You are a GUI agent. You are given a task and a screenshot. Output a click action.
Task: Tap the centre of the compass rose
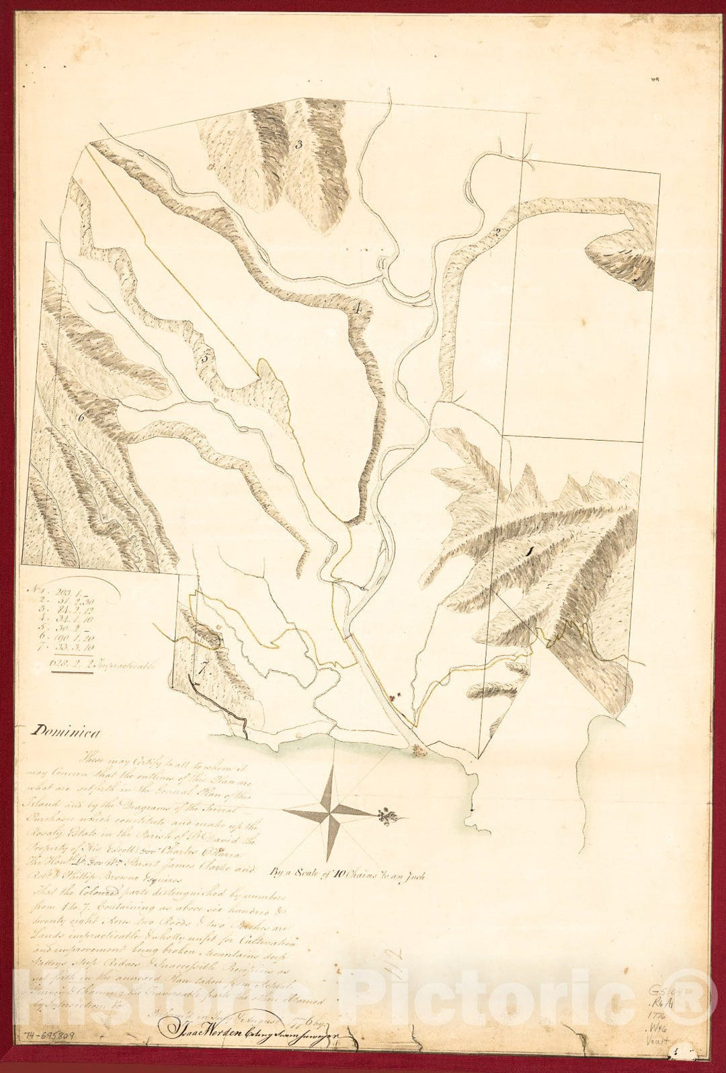click(x=329, y=812)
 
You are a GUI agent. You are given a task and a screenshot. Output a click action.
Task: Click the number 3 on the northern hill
click(x=297, y=144)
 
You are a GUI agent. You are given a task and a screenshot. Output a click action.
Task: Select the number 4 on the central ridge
click(x=358, y=309)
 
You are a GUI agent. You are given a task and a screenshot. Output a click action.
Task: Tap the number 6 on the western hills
click(x=80, y=417)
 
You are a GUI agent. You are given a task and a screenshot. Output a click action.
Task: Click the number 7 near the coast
click(x=200, y=669)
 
